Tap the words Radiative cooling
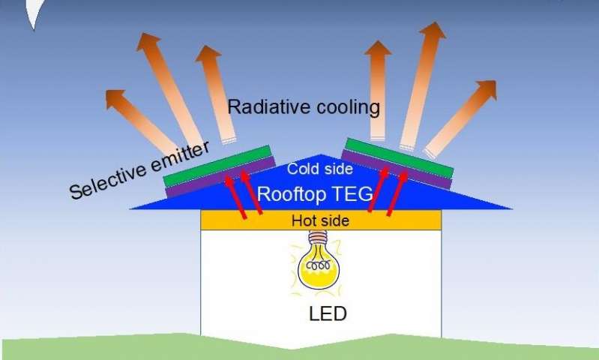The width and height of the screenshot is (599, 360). pos(304,108)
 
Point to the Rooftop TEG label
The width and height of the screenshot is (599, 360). pos(315,194)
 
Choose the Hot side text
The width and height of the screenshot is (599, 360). pos(321,220)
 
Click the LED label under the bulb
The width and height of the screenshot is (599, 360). pos(328,313)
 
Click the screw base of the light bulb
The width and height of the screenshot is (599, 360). pos(320,242)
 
